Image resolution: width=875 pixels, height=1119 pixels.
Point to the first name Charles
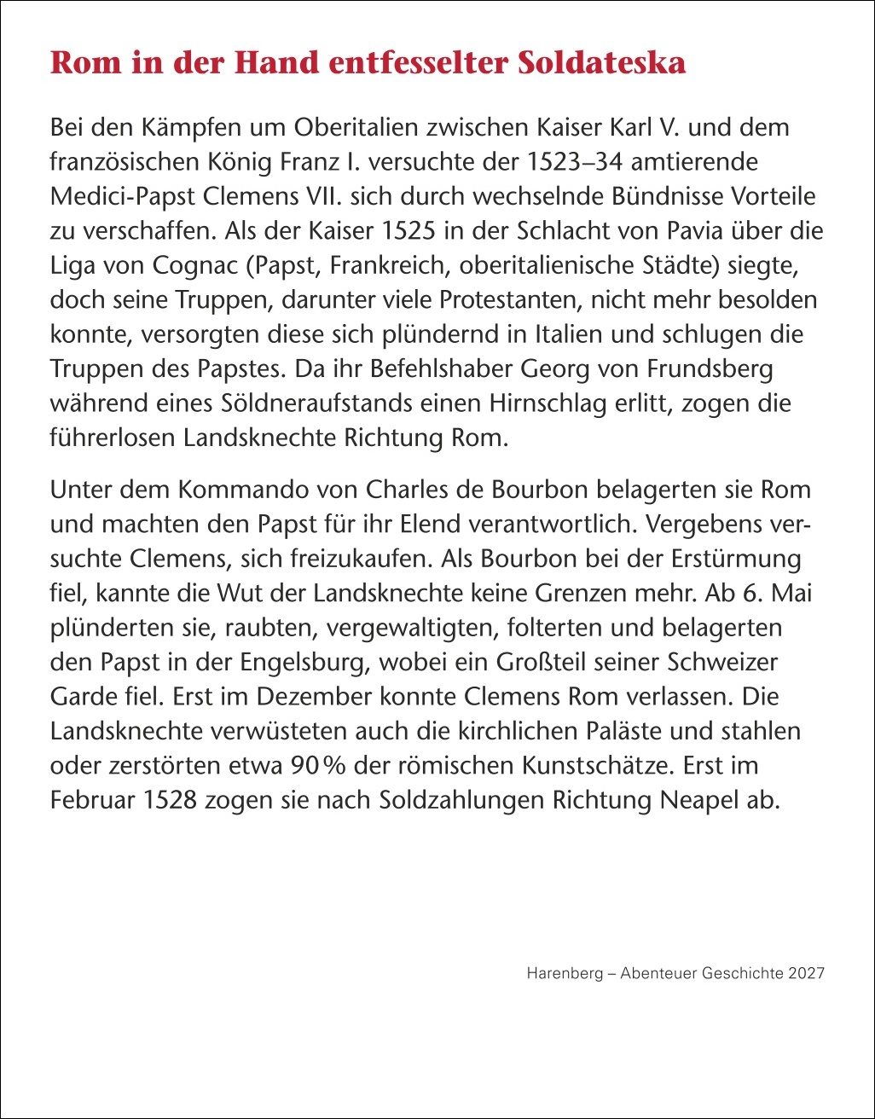pos(408,491)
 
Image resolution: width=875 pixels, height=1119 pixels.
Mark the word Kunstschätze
pos(594,766)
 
